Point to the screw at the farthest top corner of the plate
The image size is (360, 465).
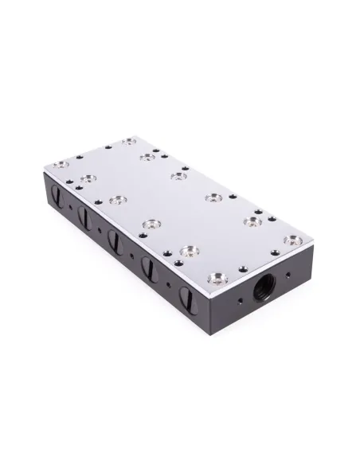tap(127, 142)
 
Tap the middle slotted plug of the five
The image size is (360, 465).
tap(114, 239)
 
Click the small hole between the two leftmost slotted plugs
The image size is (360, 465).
tap(72, 209)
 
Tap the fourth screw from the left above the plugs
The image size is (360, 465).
tap(189, 251)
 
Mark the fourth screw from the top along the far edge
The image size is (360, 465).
tap(212, 198)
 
